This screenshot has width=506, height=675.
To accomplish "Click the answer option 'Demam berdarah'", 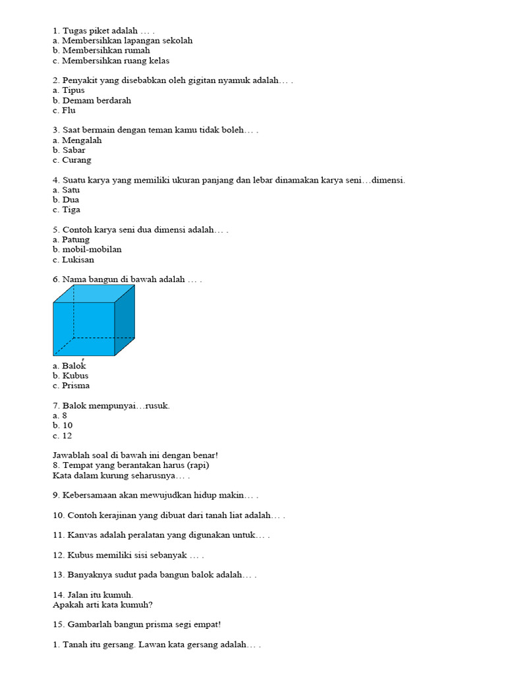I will click(x=96, y=100).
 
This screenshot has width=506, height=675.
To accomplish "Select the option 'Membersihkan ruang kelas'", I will click(x=115, y=61).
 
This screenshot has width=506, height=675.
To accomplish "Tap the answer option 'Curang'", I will click(x=76, y=160).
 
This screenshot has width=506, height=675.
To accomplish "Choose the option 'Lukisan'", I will click(x=78, y=260).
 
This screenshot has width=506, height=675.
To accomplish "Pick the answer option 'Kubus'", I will click(x=75, y=376).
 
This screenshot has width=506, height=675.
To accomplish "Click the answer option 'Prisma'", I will click(x=76, y=386).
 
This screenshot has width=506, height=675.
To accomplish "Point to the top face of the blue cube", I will click(x=94, y=293).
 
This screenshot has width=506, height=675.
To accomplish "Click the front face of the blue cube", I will click(x=84, y=329).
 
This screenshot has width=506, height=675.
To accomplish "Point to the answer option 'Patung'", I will click(x=76, y=240).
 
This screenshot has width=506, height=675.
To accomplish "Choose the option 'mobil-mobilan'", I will click(x=92, y=250).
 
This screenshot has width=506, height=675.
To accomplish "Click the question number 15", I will click(x=57, y=624).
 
